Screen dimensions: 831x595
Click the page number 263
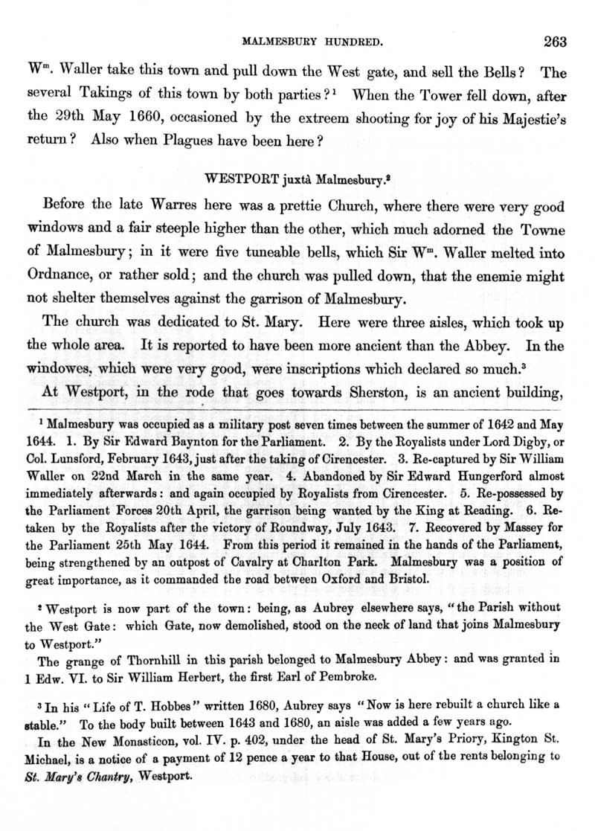pyautogui.click(x=555, y=42)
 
